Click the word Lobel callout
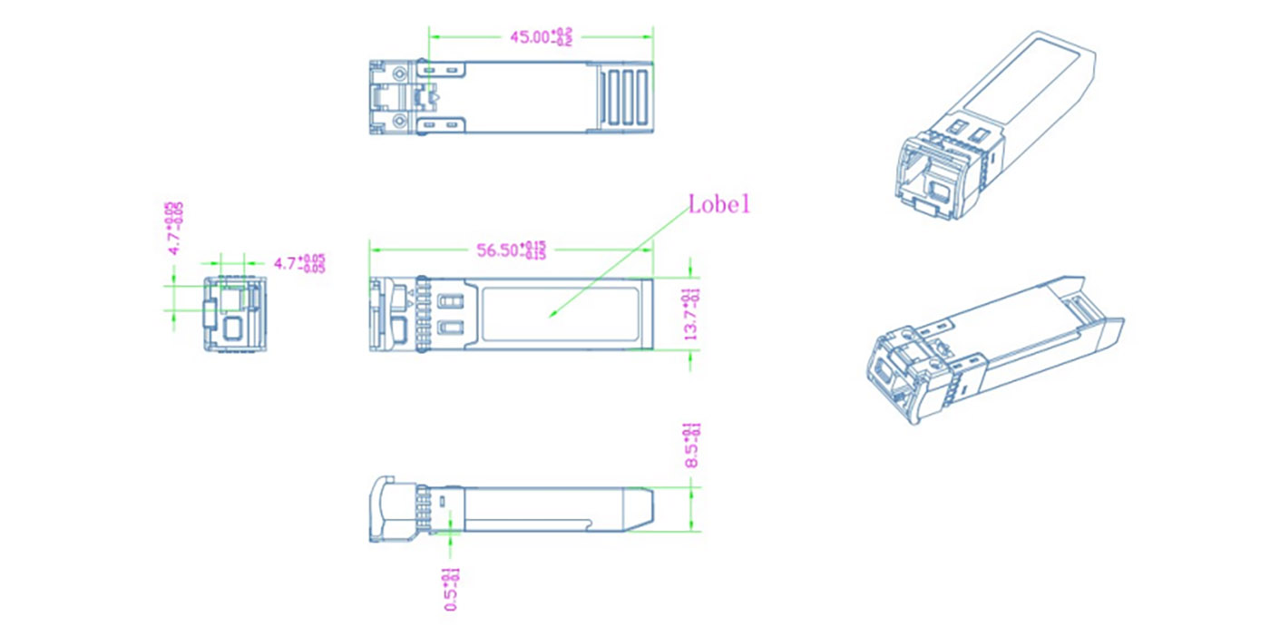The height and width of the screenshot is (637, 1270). (x=719, y=204)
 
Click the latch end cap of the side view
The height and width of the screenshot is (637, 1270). (x=383, y=510)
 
